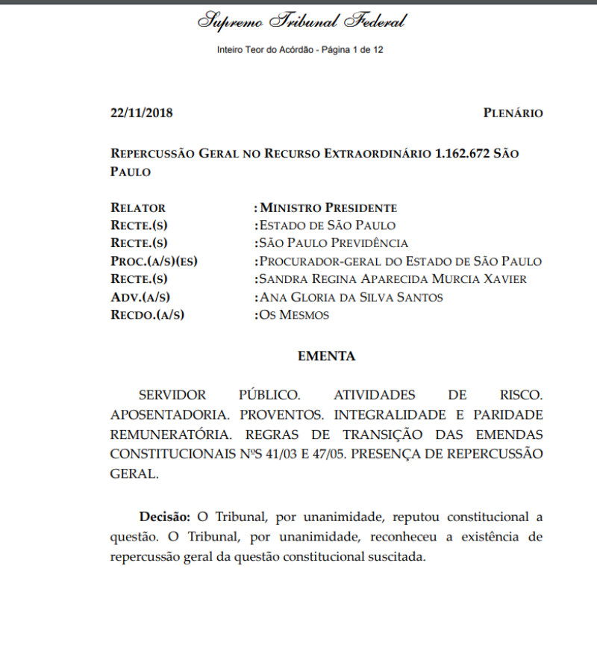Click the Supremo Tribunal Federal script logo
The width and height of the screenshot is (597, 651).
click(x=301, y=21)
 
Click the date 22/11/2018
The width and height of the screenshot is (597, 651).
click(x=142, y=113)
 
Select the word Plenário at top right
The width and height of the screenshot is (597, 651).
click(x=513, y=113)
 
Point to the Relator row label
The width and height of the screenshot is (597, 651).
click(x=138, y=208)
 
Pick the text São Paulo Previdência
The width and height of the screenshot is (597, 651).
click(x=333, y=243)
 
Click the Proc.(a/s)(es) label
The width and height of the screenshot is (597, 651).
click(x=159, y=261)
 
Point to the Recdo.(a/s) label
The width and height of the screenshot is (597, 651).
click(x=147, y=315)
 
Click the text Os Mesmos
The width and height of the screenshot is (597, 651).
click(x=293, y=315)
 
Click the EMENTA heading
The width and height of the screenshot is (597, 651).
click(x=327, y=357)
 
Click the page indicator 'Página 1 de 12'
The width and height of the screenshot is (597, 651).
click(x=352, y=50)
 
